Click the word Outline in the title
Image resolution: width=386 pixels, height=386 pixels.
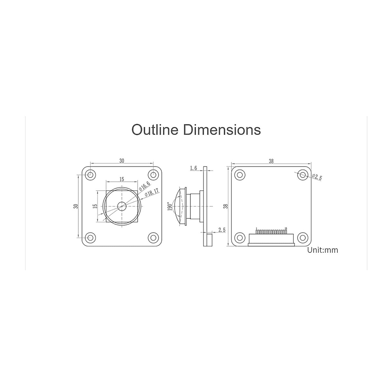[156, 130]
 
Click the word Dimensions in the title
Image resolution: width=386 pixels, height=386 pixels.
[222, 130]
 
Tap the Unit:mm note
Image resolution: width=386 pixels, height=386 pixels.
[323, 250]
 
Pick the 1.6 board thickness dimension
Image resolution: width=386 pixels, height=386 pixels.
[193, 168]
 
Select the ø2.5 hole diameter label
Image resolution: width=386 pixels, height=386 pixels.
[317, 177]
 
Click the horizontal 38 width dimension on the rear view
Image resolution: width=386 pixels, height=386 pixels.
[271, 161]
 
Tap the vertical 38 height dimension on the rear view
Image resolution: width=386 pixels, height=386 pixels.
[226, 206]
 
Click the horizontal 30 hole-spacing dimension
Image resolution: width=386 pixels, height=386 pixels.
[122, 161]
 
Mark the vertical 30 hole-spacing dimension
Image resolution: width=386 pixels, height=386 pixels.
[76, 206]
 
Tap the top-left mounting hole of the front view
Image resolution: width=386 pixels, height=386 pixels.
[90, 175]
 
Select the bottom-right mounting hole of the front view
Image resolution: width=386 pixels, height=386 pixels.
[153, 238]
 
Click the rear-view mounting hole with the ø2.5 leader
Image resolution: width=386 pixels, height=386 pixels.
[302, 175]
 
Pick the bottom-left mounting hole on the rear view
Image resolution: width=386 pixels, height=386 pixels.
[239, 238]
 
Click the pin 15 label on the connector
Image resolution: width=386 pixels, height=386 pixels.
[286, 228]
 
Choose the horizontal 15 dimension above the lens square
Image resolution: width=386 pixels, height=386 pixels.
[122, 179]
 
